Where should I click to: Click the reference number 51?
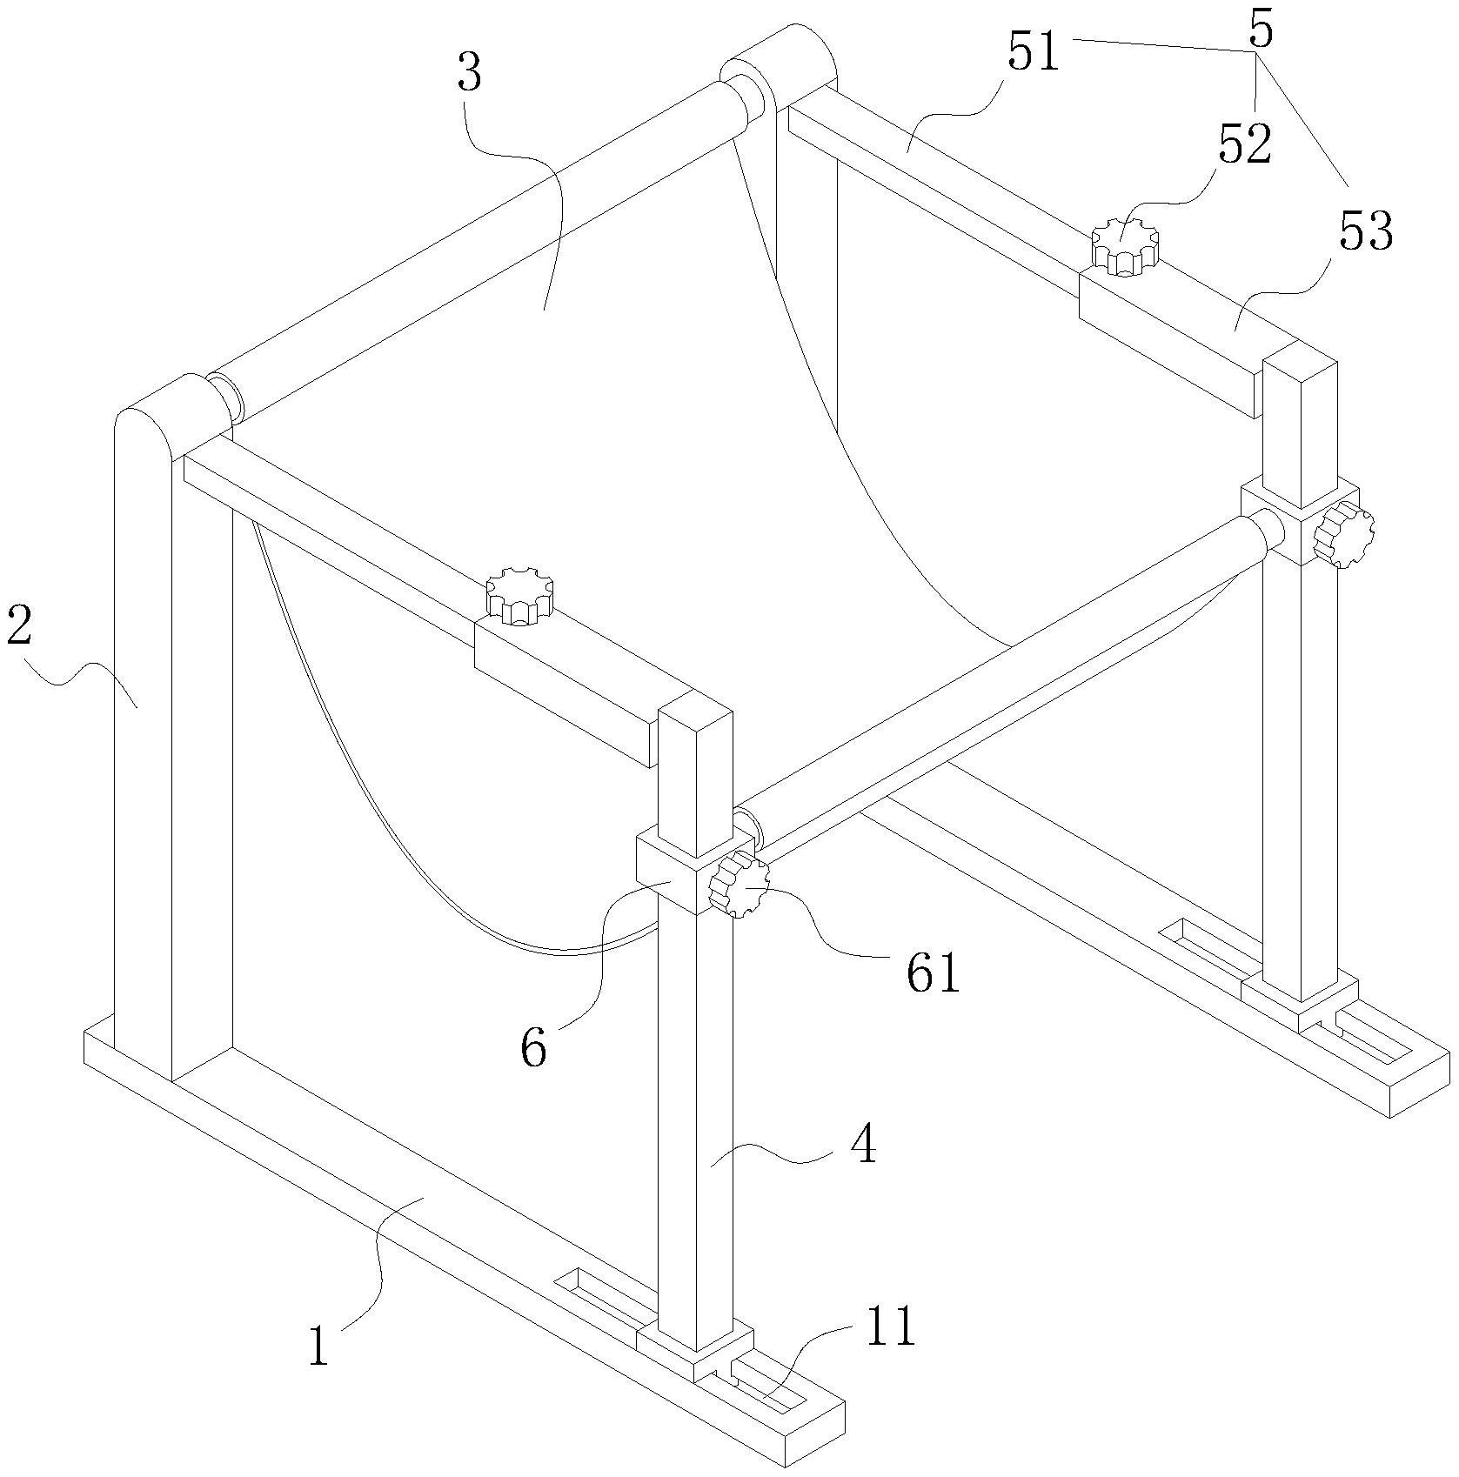pyautogui.click(x=1034, y=51)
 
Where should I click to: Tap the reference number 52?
pyautogui.click(x=1245, y=144)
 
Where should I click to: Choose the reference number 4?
pyautogui.click(x=862, y=1147)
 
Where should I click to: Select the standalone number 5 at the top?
pyautogui.click(x=1260, y=30)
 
